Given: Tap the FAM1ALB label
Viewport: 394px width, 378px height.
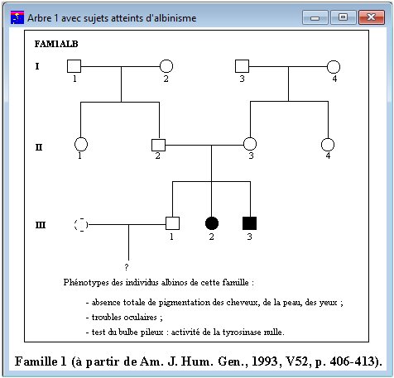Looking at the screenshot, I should tap(57, 43).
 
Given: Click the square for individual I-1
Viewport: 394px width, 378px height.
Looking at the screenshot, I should tap(74, 66).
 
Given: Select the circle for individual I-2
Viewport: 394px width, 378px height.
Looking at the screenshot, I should tap(166, 66).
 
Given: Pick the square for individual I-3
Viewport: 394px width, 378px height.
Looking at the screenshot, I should tap(242, 66).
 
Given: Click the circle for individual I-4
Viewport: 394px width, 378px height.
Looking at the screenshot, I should tap(334, 66).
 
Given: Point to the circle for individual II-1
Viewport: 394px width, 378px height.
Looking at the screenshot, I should tap(81, 144).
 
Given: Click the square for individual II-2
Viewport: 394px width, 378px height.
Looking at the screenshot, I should tap(158, 145).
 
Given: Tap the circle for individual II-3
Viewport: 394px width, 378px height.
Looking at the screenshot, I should tap(249, 144).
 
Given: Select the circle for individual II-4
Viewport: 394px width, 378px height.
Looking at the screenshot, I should tap(327, 144).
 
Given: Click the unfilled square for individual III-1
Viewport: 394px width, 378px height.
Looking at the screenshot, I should tap(172, 222).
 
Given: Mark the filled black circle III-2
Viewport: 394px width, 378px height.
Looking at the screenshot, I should tap(212, 222).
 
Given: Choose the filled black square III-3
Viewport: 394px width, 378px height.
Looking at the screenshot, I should tap(249, 222).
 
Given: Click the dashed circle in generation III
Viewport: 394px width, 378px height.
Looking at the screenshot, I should tap(81, 223).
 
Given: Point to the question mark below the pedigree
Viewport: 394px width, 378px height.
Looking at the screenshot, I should tap(126, 267).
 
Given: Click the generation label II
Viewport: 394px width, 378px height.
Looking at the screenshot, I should tap(39, 147).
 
